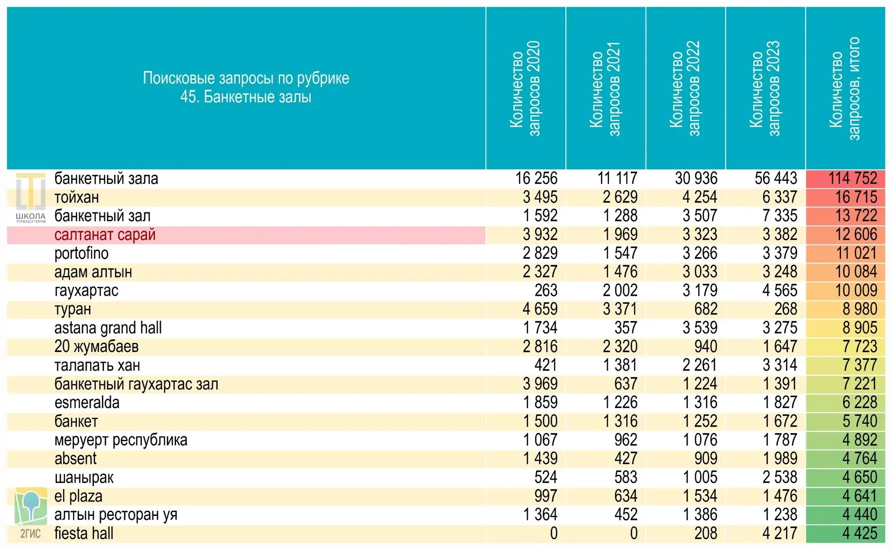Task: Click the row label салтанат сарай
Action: coord(105,235)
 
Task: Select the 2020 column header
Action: coord(525,89)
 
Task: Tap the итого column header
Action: coord(845,89)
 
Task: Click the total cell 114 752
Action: coord(853,178)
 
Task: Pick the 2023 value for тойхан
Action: coord(780,197)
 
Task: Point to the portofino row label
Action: coord(82,253)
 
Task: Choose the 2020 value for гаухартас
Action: coord(546,290)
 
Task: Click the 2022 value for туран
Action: coord(706,309)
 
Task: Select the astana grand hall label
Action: coord(108,328)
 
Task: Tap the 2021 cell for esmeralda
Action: coord(620,402)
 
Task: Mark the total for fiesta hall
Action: coord(860,533)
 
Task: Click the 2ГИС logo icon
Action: coord(31,513)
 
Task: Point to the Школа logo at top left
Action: coord(31,198)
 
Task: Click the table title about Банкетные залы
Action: coord(246,88)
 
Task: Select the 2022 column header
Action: coord(685,89)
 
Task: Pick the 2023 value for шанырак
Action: coord(780,477)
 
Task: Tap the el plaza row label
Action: coord(79,496)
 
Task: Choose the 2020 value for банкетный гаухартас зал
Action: coord(540,384)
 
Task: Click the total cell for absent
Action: coord(860,459)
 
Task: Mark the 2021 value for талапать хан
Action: coord(620,365)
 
